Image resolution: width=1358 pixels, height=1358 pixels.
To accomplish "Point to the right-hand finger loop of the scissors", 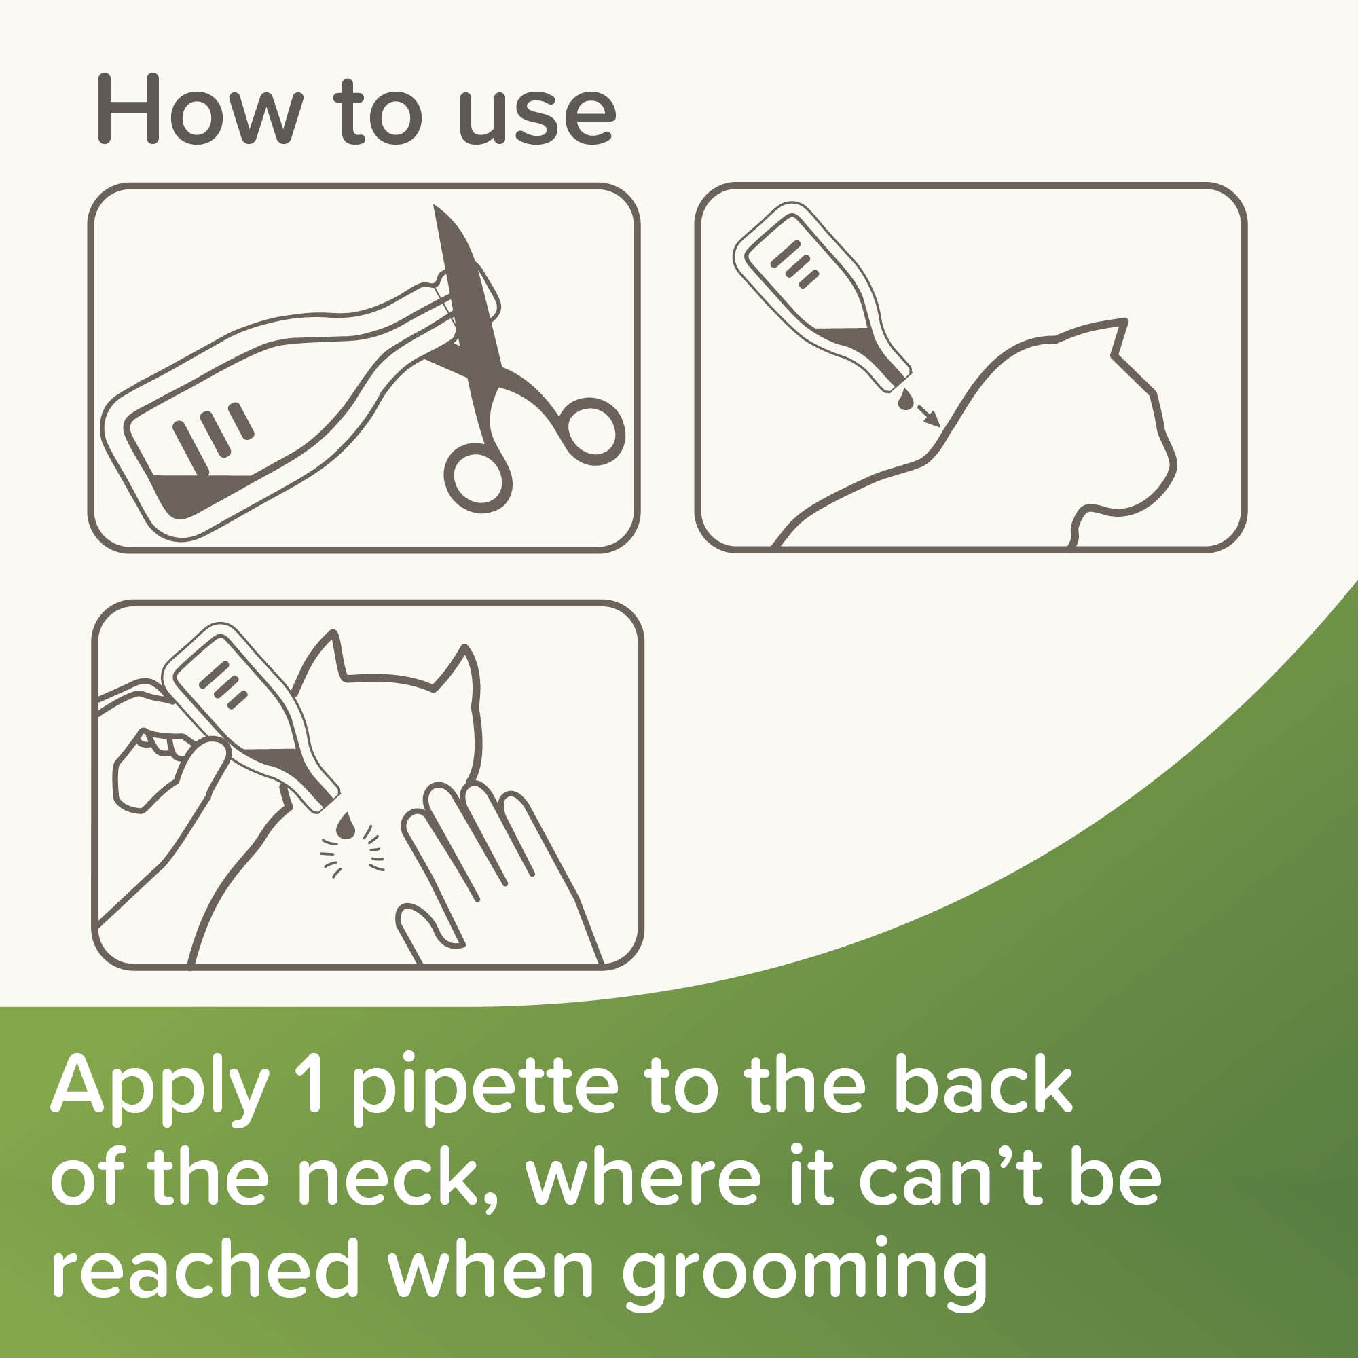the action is (x=594, y=430).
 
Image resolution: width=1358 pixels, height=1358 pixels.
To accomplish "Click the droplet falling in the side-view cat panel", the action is (x=905, y=401).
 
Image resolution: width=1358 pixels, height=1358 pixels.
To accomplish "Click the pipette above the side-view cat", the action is (x=822, y=296).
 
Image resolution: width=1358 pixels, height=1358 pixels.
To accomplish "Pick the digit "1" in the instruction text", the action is (x=309, y=1083).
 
